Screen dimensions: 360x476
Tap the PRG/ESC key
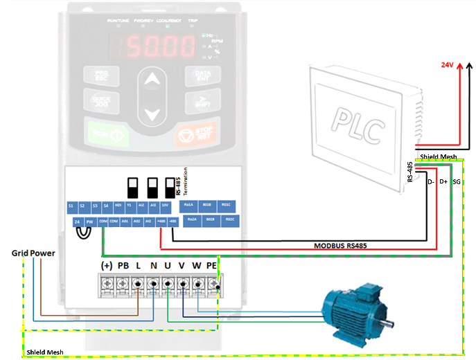100,75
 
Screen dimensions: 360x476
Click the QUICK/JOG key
100,101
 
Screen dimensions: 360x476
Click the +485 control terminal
161,222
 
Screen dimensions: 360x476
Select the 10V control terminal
166,206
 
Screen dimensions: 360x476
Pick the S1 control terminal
71,206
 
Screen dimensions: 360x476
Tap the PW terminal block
90,222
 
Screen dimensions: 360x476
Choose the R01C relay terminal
226,206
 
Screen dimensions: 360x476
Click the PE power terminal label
212,265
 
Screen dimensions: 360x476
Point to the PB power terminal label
123,265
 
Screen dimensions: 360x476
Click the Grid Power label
33,253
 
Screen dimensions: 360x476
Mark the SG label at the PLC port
456,181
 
